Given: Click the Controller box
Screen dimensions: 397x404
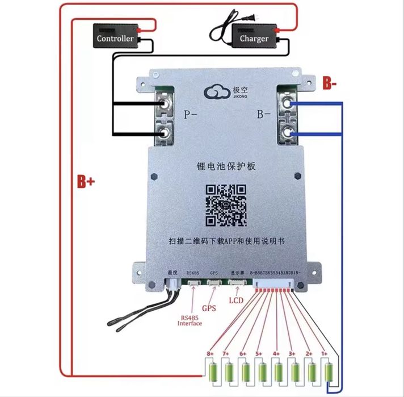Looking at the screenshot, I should click(x=115, y=37).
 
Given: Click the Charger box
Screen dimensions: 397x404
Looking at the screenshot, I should click(x=254, y=37).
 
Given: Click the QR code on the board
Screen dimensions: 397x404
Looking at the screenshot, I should click(x=225, y=205).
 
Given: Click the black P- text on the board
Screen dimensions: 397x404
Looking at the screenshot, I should click(x=191, y=115).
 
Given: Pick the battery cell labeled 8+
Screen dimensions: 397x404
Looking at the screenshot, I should click(x=213, y=373).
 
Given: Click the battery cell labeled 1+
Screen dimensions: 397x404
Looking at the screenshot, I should click(x=329, y=373).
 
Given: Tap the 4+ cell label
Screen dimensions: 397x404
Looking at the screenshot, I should click(x=276, y=354).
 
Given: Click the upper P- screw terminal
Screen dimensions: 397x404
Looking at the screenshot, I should click(x=165, y=104).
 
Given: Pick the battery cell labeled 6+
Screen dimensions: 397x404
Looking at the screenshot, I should click(x=246, y=373).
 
